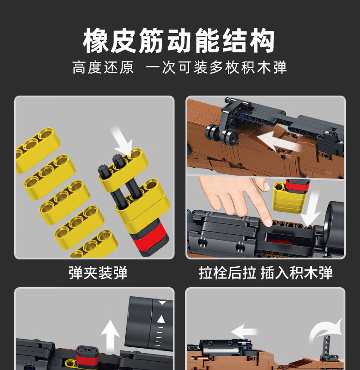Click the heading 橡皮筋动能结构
[179, 41]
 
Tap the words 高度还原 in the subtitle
[103, 68]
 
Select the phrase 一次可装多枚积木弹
[216, 68]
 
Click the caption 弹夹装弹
[98, 273]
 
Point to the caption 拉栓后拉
[227, 273]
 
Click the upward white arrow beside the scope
[110, 335]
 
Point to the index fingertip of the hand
[268, 222]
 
